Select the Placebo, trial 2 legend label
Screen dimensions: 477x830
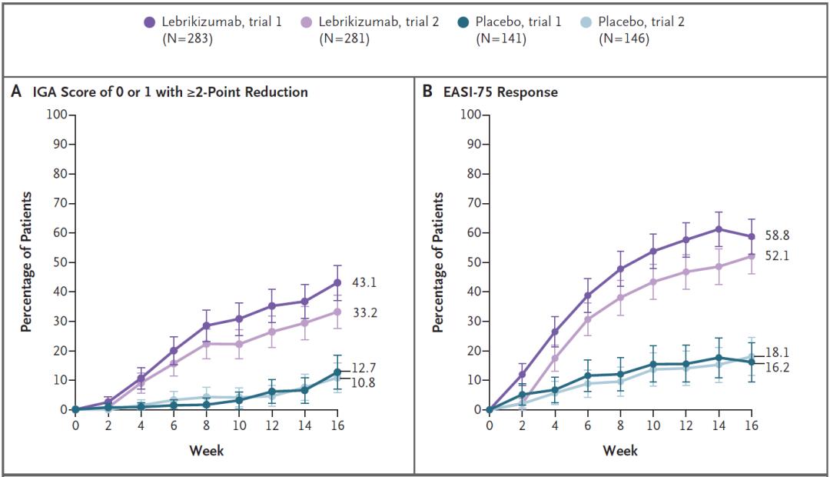tap(641, 22)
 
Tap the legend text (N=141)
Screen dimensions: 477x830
tap(500, 38)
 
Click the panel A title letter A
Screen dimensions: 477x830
tap(15, 92)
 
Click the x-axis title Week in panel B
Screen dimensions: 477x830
tap(620, 451)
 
